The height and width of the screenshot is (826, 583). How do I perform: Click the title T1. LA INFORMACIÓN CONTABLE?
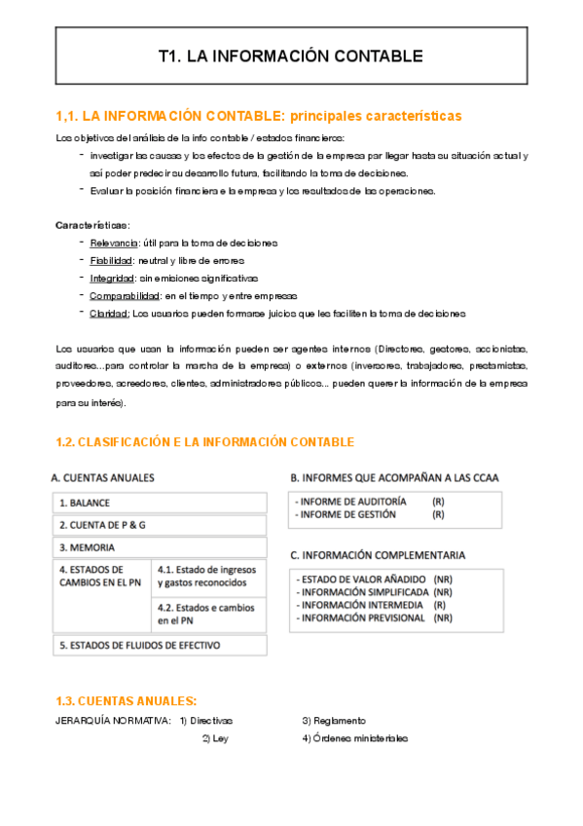pos(290,56)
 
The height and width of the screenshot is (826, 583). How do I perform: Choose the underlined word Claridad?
pos(109,313)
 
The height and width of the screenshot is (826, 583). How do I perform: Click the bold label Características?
pos(91,225)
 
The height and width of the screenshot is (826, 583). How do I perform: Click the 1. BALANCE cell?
pos(160,503)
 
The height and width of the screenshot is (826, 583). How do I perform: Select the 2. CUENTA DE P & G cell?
pos(160,525)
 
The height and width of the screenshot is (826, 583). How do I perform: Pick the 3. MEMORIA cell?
pos(160,547)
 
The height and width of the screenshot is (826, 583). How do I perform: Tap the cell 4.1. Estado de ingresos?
pos(208,576)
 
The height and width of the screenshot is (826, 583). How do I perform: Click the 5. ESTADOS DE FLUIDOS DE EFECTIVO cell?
pos(160,645)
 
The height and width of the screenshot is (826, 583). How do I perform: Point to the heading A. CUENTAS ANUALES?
pos(102,477)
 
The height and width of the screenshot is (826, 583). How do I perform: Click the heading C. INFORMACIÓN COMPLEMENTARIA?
pos(378,555)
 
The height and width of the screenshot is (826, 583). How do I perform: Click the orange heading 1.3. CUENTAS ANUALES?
pos(127,700)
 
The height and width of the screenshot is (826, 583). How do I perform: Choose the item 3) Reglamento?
pos(334,721)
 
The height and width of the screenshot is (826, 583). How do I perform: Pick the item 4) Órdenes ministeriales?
pos(355,738)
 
